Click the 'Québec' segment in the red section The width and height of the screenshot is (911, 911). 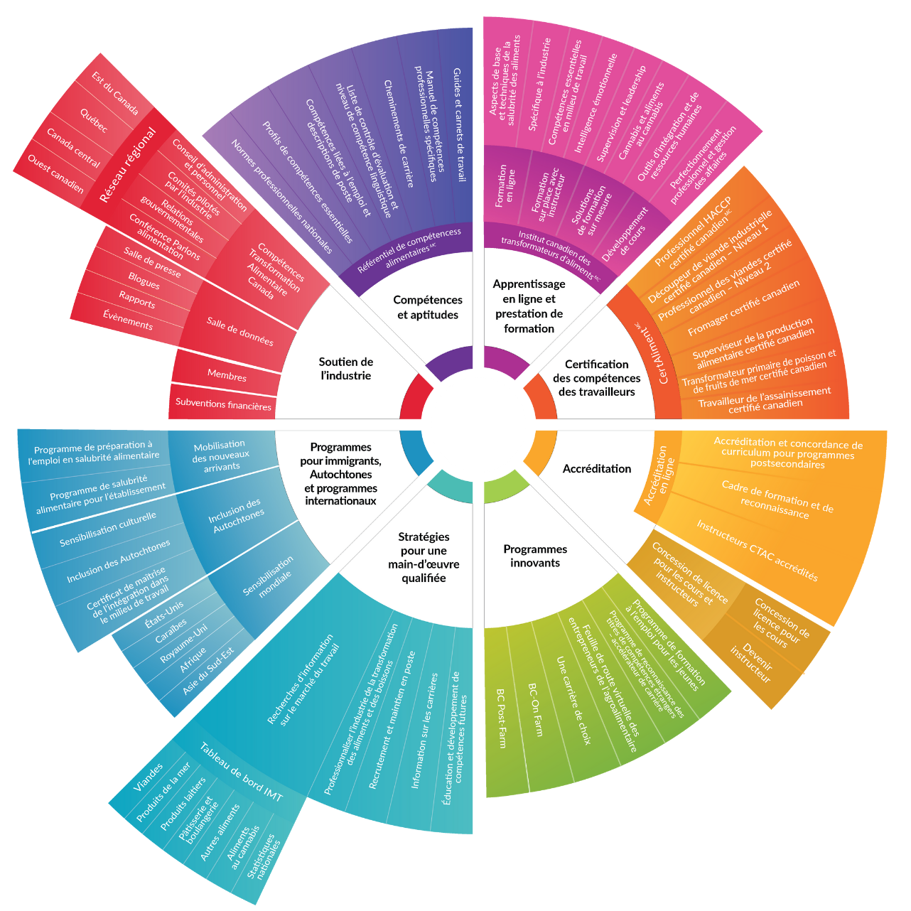(x=94, y=121)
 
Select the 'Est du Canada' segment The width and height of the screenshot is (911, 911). (x=115, y=93)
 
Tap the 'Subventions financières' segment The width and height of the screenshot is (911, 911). (x=223, y=404)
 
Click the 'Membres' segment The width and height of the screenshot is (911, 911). (x=227, y=374)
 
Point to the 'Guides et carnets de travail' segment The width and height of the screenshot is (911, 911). (x=458, y=124)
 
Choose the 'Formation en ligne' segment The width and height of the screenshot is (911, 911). (x=505, y=186)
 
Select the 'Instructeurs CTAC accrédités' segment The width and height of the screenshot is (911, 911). (x=757, y=551)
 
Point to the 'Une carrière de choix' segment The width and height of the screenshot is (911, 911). (x=574, y=700)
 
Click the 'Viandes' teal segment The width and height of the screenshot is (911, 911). (x=148, y=777)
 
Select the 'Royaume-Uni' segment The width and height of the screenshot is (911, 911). (x=183, y=644)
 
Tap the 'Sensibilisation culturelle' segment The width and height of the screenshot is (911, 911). (x=107, y=529)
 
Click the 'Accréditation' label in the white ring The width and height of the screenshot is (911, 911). (x=597, y=468)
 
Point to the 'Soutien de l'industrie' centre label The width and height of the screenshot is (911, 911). (x=346, y=368)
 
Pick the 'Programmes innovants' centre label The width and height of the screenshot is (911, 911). (x=535, y=556)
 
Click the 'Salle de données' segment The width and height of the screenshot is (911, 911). (x=240, y=331)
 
